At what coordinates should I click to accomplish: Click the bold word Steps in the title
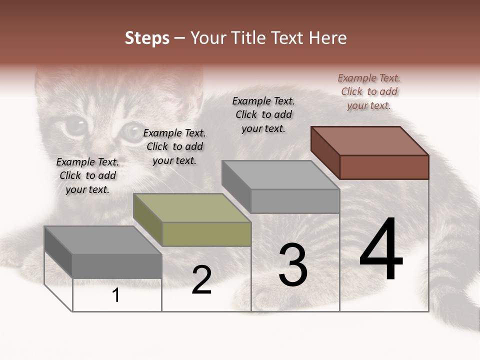click(x=147, y=38)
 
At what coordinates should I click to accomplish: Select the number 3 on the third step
click(x=292, y=265)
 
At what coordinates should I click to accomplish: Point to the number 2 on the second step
click(x=201, y=280)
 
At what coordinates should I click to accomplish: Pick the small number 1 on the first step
click(x=116, y=295)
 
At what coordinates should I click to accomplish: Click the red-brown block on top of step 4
click(x=370, y=152)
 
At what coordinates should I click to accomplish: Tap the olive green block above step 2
click(x=192, y=220)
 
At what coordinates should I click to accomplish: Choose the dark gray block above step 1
click(x=103, y=252)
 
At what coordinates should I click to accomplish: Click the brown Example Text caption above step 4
click(x=369, y=91)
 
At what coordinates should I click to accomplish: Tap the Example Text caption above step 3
click(x=263, y=114)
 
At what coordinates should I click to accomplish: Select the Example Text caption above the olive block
click(x=174, y=146)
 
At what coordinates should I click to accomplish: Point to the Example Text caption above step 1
click(x=87, y=175)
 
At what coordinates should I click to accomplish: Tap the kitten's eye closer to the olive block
click(x=133, y=131)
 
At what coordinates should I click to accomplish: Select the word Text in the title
click(x=290, y=38)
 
